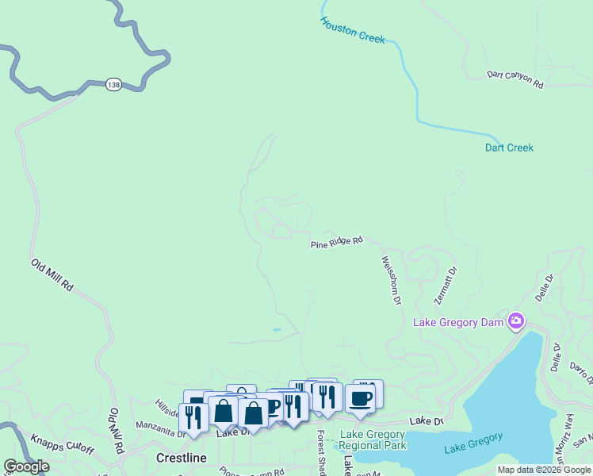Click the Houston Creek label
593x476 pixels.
[353, 30]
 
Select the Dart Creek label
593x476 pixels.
[509, 148]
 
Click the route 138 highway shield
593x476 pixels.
[113, 83]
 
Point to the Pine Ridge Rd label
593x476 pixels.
[336, 242]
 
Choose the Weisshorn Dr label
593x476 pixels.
[392, 280]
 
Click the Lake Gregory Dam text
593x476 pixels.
[461, 322]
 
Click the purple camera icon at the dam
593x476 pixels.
[517, 321]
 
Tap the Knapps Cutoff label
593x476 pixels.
[62, 444]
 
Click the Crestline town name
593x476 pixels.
[181, 458]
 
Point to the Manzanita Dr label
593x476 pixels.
[160, 429]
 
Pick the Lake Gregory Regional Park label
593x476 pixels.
[373, 440]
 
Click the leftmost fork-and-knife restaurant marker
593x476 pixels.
[193, 416]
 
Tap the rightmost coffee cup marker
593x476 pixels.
[361, 397]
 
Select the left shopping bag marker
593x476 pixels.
[224, 410]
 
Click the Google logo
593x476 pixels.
[26, 466]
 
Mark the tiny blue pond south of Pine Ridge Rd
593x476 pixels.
[276, 329]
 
